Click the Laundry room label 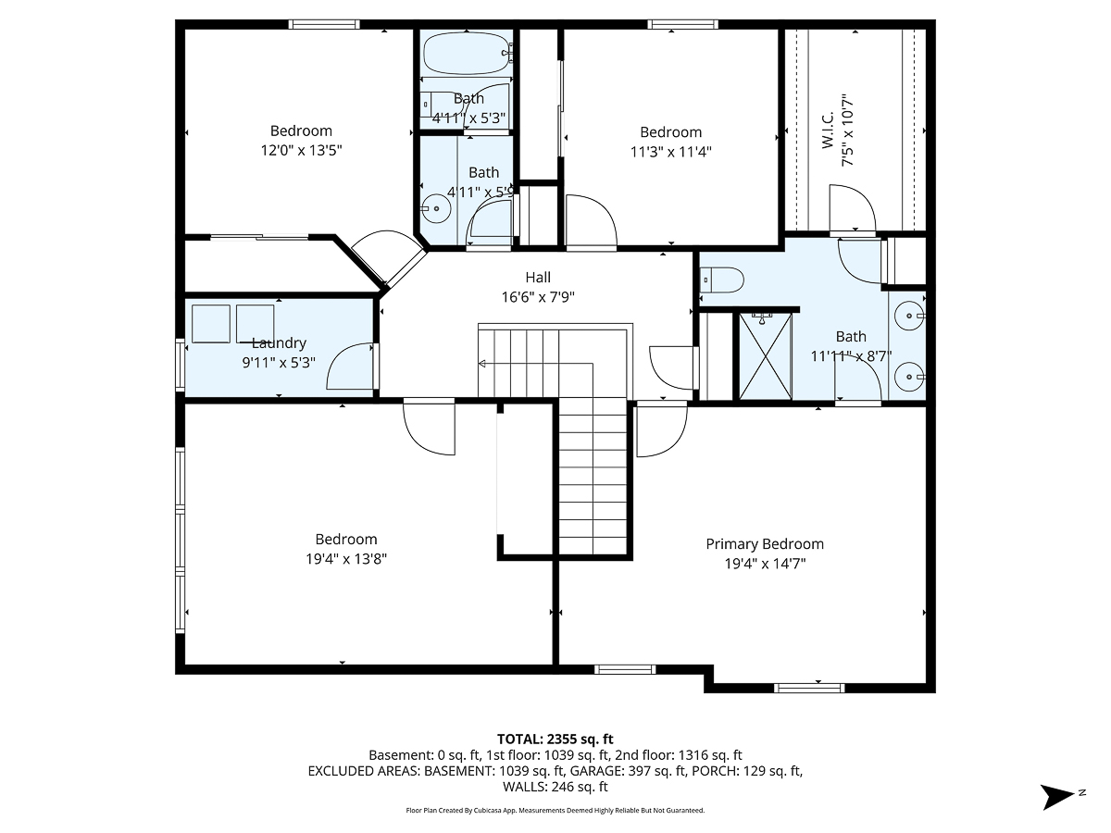279,343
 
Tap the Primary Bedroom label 765,544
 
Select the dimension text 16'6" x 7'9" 538,297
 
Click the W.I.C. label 827,130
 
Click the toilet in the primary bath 722,280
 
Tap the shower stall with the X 765,356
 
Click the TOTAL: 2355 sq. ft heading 555,739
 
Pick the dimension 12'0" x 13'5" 301,150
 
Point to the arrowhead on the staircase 482,364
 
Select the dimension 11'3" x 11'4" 671,152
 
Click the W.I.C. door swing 852,208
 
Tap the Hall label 538,278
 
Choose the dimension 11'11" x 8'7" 851,354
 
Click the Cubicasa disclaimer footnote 555,810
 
